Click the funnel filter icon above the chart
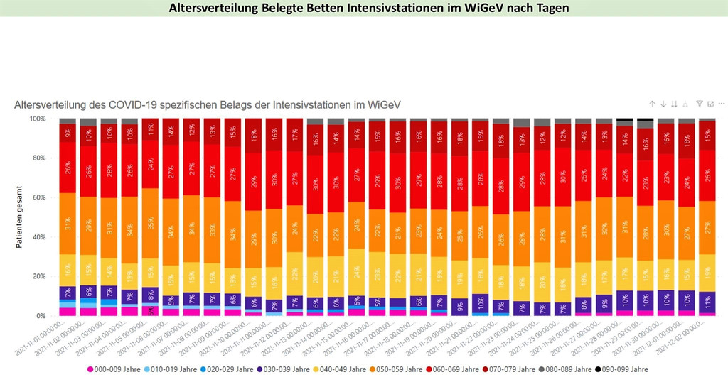[700, 104]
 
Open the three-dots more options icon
[722, 104]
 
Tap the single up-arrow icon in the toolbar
[652, 104]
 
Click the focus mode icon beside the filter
[710, 104]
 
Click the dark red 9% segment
[68, 132]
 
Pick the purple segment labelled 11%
[707, 301]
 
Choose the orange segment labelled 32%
[604, 228]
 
